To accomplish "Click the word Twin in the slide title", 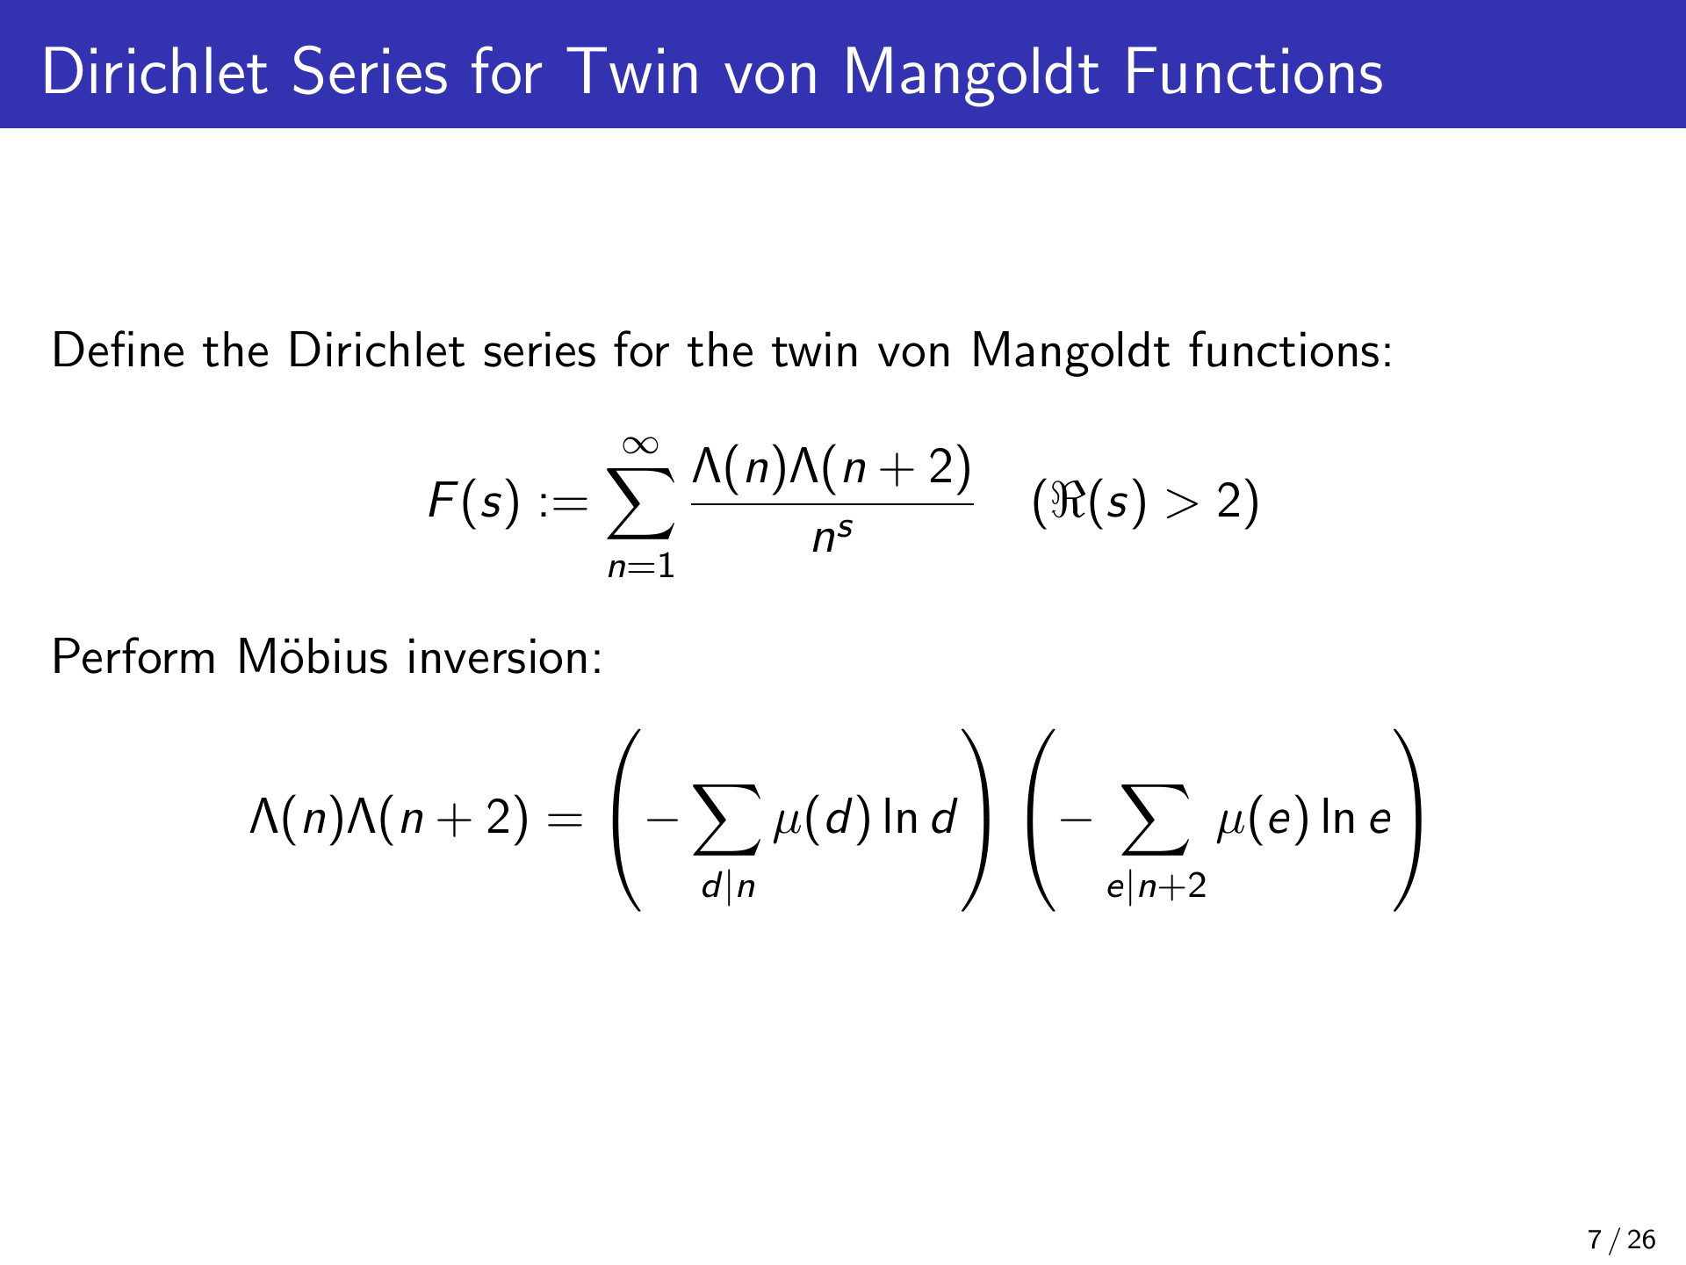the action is click(x=635, y=71).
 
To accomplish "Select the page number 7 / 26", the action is click(x=1621, y=1240).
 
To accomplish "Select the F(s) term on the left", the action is click(x=473, y=502).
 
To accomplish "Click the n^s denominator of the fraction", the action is click(x=832, y=536).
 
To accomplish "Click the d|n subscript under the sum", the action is click(x=728, y=886).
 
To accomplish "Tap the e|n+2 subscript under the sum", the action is click(x=1156, y=887).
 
